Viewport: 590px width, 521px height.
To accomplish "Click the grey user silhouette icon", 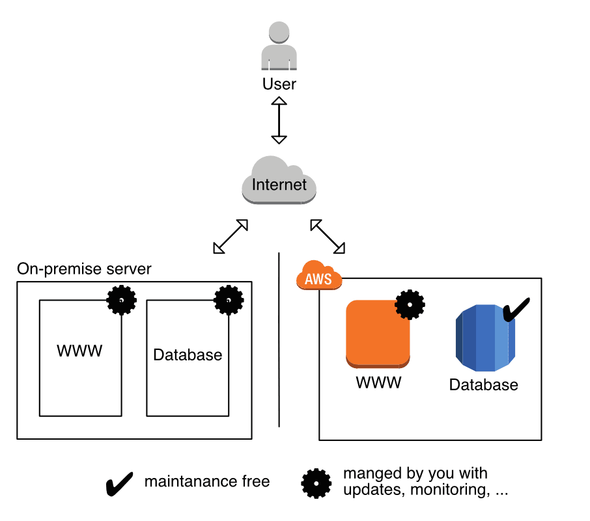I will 279,47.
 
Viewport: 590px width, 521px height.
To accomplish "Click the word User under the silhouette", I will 279,84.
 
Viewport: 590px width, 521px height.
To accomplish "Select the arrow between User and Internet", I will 279,120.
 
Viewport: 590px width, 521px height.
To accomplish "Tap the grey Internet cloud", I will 279,183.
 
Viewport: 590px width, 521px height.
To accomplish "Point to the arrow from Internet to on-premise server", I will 231,236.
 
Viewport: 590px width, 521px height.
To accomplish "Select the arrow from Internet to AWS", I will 328,236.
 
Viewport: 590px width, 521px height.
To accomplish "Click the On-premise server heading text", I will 84,269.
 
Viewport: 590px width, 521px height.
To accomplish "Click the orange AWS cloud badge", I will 319,278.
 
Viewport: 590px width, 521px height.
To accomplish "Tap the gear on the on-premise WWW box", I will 122,300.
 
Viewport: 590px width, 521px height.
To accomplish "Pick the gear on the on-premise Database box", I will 229,300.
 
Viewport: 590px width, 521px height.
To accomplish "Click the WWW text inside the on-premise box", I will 79,352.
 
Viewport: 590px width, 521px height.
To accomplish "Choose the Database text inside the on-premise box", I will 188,355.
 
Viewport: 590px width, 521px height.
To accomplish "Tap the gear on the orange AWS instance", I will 410,304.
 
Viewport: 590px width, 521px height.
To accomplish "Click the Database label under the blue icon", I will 484,385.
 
